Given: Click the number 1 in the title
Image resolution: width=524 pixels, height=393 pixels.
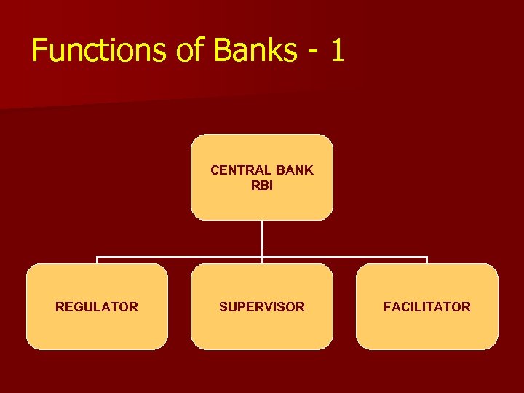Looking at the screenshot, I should [x=336, y=51].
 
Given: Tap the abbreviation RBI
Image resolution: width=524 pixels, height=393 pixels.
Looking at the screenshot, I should [x=262, y=186].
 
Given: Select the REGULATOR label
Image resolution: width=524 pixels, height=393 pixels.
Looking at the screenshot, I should [x=97, y=307].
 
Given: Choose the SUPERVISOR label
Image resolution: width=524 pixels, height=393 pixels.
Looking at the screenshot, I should [x=262, y=307].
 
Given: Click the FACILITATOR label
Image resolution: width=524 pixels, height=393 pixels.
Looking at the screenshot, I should [x=427, y=307].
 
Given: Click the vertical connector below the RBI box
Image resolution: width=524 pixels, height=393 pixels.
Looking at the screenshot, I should [x=262, y=238].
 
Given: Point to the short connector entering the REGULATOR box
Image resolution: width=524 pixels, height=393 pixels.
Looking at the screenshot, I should [x=98, y=261].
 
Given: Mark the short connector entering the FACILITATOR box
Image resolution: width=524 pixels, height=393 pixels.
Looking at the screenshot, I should [x=427, y=261].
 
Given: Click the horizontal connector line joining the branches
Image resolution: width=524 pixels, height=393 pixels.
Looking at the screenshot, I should [x=182, y=257].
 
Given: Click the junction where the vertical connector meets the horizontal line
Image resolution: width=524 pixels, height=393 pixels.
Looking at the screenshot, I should [x=262, y=257].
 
